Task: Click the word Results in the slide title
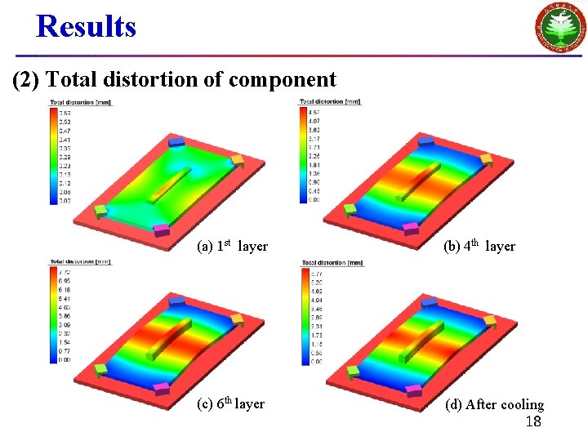86,27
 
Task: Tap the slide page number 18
533,421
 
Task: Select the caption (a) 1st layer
233,246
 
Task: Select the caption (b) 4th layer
479,246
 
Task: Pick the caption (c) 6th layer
231,403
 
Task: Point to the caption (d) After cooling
494,404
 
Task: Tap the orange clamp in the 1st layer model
237,161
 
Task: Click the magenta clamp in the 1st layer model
161,229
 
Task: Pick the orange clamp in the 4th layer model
485,158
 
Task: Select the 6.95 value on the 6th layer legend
64,280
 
